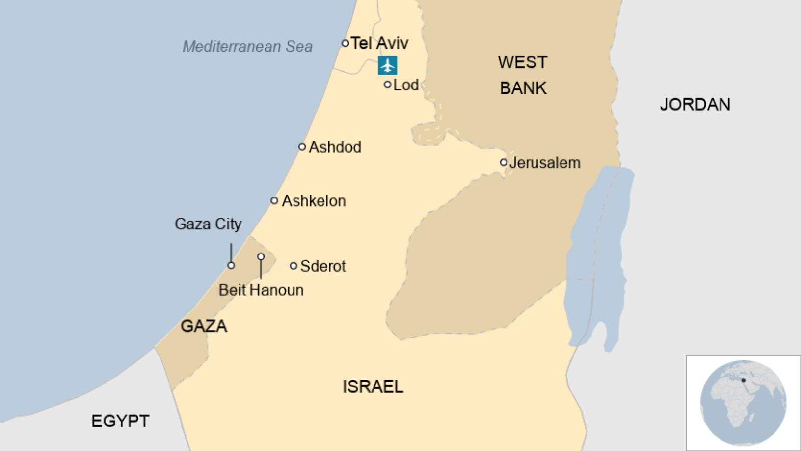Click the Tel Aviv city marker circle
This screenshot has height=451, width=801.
click(345, 43)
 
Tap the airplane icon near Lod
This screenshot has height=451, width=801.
click(387, 65)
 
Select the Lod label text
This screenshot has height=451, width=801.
click(406, 85)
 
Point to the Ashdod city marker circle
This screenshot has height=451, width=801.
click(302, 147)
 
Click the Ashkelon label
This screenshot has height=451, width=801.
click(314, 201)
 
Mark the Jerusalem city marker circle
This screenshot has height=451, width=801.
click(504, 162)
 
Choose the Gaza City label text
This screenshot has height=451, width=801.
click(208, 224)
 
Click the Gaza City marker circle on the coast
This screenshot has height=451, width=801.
click(231, 265)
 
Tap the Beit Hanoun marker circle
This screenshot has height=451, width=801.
click(261, 257)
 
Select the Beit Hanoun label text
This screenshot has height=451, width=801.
click(261, 290)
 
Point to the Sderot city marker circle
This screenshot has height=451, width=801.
click(294, 266)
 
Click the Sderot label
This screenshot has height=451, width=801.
click(323, 266)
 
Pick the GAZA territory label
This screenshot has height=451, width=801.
click(204, 326)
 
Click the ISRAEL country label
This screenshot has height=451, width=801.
click(373, 387)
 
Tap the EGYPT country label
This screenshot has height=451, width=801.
click(120, 421)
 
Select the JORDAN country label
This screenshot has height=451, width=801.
click(695, 104)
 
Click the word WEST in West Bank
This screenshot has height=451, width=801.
click(522, 62)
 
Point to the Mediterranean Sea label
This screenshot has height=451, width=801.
click(247, 47)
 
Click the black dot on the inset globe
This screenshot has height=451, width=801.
click(743, 380)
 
